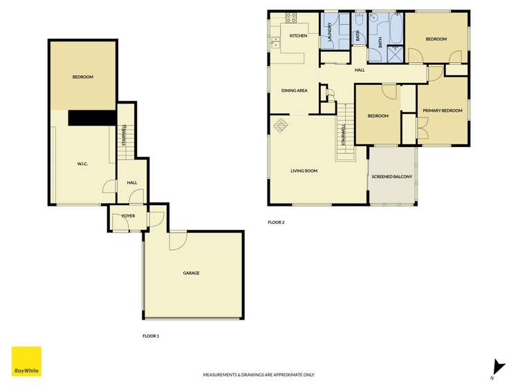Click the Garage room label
click(x=191, y=273)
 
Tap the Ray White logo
click(x=26, y=361)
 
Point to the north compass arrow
click(x=498, y=367)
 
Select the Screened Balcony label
click(x=392, y=177)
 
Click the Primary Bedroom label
click(x=443, y=110)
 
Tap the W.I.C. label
click(x=82, y=164)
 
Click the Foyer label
click(x=128, y=216)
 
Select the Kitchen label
click(x=298, y=36)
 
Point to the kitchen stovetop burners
click(x=291, y=18)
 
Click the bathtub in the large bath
click(x=396, y=28)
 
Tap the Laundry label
click(x=329, y=32)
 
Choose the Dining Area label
click(x=295, y=90)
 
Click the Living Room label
click(x=304, y=171)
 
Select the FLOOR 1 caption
click(x=151, y=336)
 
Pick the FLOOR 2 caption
click(x=276, y=222)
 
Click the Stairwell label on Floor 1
click(x=124, y=135)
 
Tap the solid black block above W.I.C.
click(x=92, y=117)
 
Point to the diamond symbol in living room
click(x=281, y=125)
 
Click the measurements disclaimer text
click(x=259, y=375)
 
